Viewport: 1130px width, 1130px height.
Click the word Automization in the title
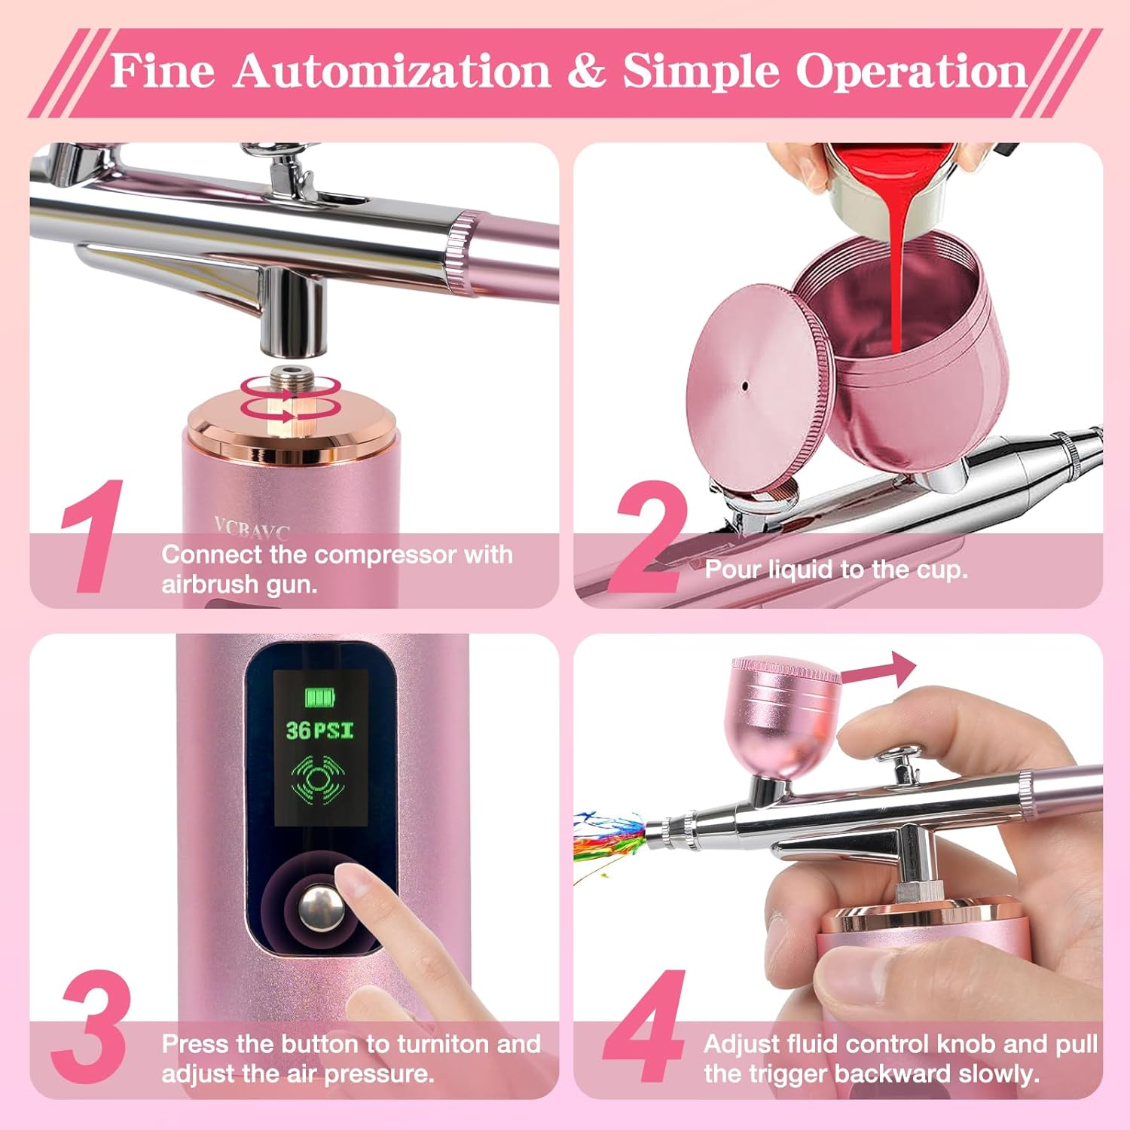tap(391, 72)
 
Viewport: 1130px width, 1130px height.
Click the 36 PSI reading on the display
tap(319, 730)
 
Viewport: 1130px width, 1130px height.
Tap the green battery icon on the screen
tap(319, 698)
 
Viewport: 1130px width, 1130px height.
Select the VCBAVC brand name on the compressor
tap(252, 529)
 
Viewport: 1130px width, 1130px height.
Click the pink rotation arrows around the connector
tap(291, 397)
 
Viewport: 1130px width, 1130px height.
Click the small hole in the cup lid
tap(745, 386)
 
